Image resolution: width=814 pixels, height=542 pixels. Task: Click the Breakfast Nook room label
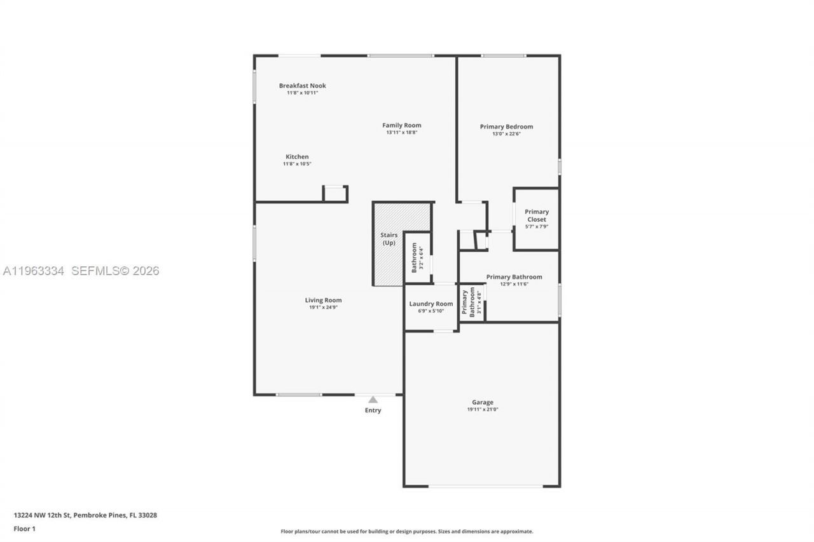tap(302, 86)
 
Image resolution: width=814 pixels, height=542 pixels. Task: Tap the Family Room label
tap(401, 125)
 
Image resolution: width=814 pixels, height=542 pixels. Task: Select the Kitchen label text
tap(297, 157)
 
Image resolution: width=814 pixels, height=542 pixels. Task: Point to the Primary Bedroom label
tap(506, 126)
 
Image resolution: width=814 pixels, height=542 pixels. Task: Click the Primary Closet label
tap(536, 215)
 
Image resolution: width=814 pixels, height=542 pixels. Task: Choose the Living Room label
tap(323, 300)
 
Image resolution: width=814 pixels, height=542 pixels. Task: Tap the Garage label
tap(482, 402)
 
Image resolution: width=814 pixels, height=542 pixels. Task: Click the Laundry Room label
tap(431, 304)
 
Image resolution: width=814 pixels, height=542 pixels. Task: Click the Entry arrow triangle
tap(373, 400)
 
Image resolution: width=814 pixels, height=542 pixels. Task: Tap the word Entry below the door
tap(373, 410)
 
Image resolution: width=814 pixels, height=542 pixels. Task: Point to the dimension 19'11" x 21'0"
tap(482, 410)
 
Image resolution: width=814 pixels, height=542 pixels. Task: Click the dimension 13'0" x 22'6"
tap(506, 134)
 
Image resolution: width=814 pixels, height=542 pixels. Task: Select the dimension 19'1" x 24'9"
tap(323, 308)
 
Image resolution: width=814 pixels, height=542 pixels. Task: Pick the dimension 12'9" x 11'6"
tap(514, 284)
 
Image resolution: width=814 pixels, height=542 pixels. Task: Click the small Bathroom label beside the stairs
tap(414, 257)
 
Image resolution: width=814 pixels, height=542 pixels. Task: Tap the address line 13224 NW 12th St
tap(85, 515)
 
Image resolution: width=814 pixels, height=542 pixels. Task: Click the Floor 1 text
tap(25, 529)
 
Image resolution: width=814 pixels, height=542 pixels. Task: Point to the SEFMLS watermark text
tap(115, 271)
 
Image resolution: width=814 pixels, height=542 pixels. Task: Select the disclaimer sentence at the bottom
tap(407, 531)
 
